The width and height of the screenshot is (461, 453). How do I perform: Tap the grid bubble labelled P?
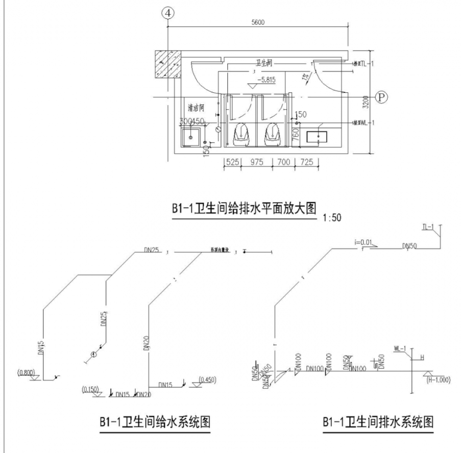point(380,96)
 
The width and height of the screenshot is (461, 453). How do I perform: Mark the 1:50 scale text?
point(332,218)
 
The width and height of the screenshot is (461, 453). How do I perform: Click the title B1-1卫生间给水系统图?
point(155,423)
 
